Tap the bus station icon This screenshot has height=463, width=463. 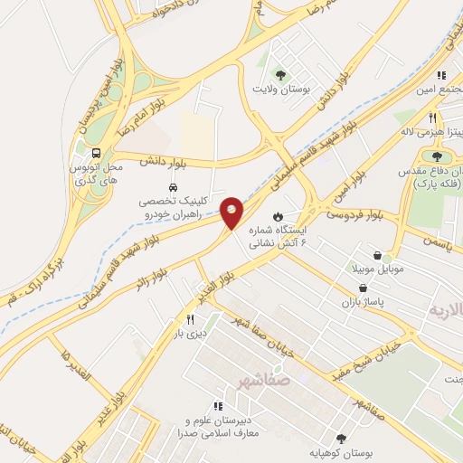(95, 153)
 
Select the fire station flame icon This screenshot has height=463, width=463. (278, 216)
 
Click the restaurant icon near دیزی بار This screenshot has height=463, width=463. (190, 319)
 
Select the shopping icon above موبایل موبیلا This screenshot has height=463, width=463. (387, 257)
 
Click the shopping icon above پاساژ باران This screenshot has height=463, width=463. (363, 288)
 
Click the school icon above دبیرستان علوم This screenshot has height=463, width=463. (218, 406)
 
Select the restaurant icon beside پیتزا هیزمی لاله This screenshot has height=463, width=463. (432, 118)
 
